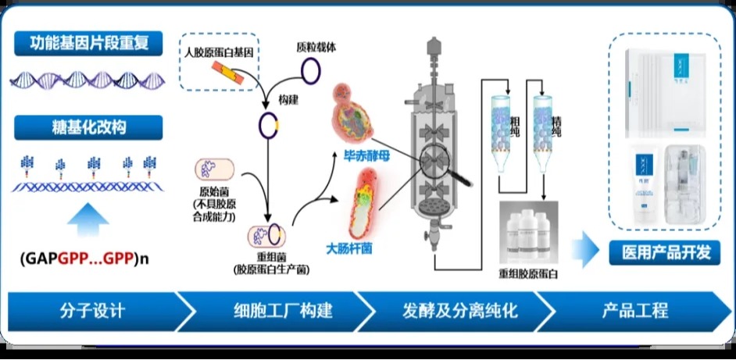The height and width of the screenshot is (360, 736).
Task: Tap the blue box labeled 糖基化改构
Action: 88,127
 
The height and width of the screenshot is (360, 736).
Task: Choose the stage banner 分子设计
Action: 92,311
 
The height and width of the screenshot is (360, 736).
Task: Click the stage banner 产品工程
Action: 635,311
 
